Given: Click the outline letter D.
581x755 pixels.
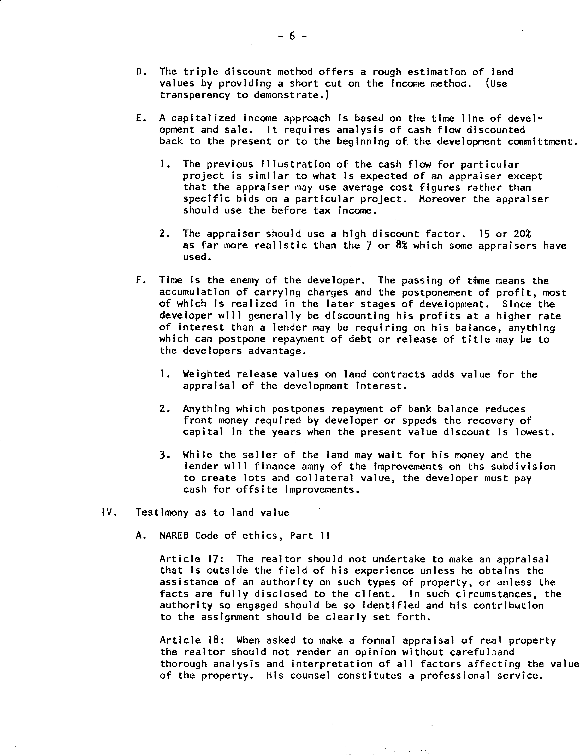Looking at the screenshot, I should click(x=139, y=72).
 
